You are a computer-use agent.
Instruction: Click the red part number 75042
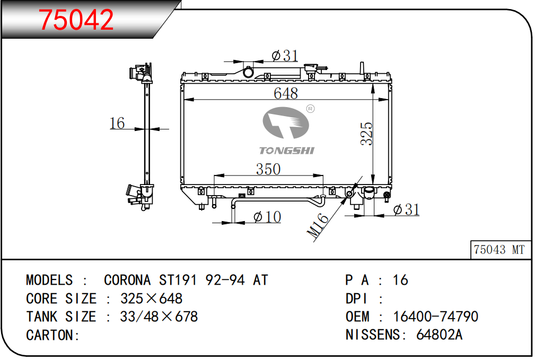click(x=76, y=20)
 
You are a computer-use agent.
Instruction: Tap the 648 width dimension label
click(x=286, y=93)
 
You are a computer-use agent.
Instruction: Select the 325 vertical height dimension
click(x=367, y=134)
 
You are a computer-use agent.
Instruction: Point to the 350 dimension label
click(x=268, y=169)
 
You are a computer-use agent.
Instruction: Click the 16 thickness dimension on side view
click(x=117, y=123)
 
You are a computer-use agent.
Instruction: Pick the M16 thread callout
click(x=317, y=225)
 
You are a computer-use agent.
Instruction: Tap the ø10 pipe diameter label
click(x=267, y=217)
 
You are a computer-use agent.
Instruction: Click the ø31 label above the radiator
click(x=285, y=55)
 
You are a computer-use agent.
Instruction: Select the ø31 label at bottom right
click(x=406, y=209)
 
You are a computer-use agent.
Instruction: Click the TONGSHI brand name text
click(x=287, y=151)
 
